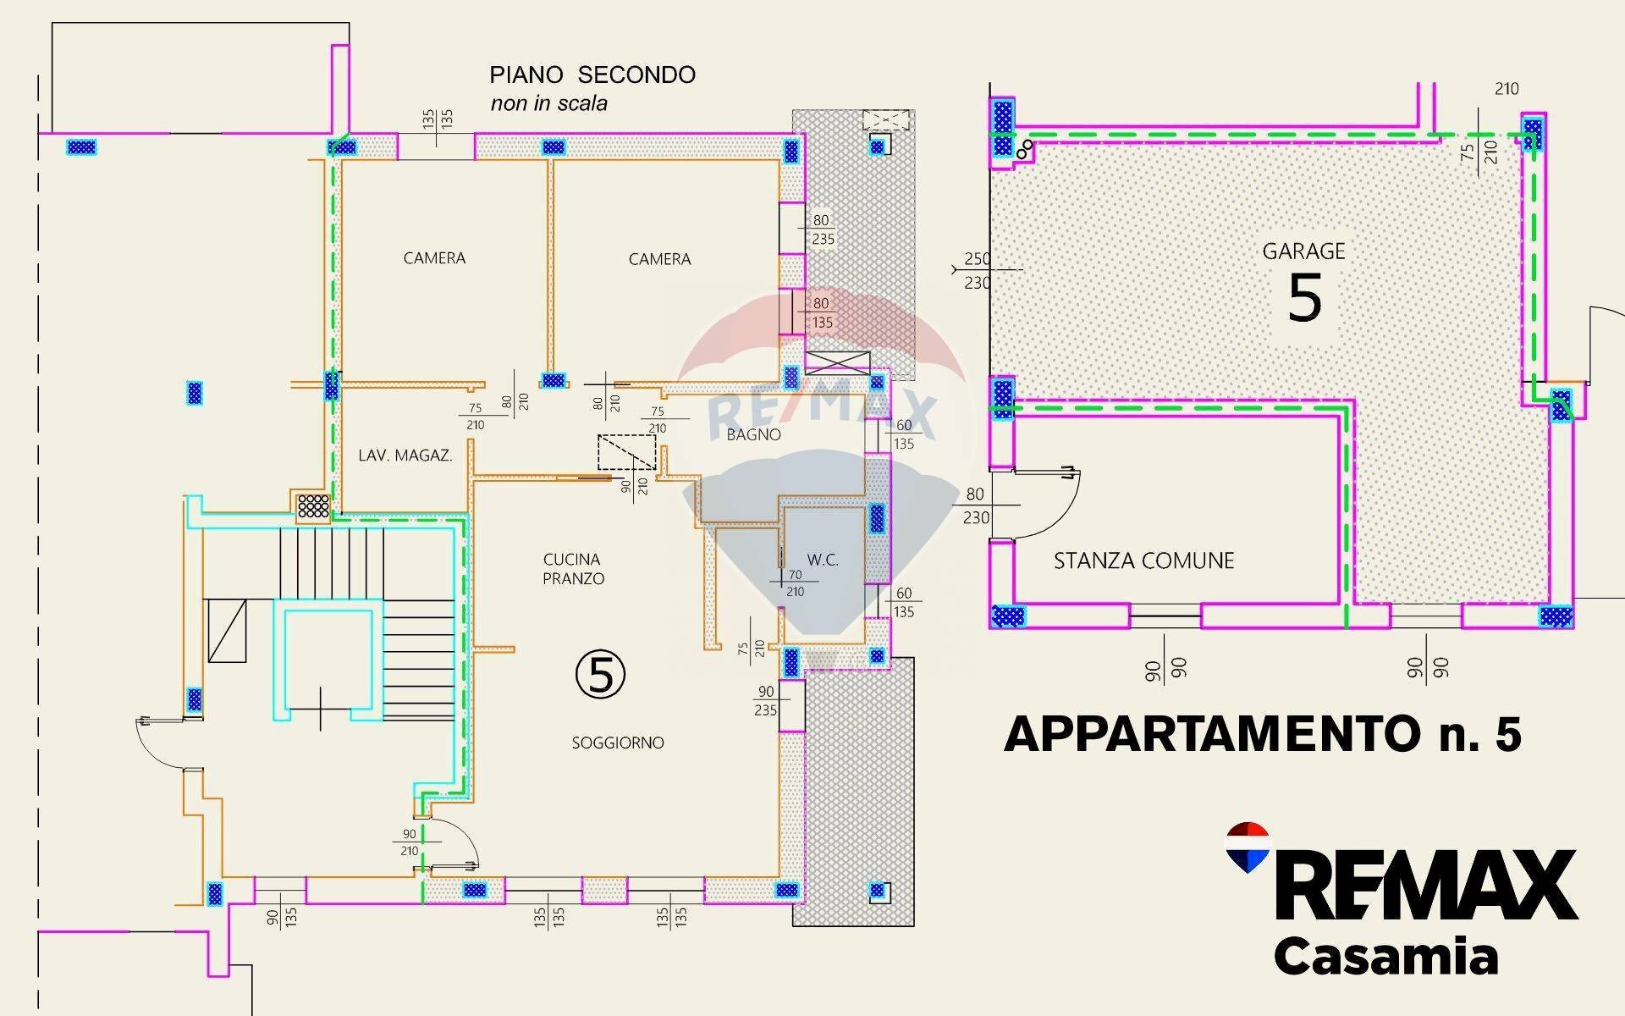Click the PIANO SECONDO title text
592,75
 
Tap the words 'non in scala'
548,104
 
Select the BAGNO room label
753,434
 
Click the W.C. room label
822,560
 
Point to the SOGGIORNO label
618,743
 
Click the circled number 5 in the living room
600,675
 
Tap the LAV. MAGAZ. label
405,456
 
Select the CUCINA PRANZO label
573,569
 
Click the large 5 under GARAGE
1304,298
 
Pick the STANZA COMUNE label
1143,560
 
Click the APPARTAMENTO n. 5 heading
1262,734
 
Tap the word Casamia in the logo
1385,957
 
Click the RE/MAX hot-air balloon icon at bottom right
1248,848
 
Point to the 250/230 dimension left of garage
977,270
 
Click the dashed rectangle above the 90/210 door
626,452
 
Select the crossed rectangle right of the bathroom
837,362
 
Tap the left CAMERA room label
434,258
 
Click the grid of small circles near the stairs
313,505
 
